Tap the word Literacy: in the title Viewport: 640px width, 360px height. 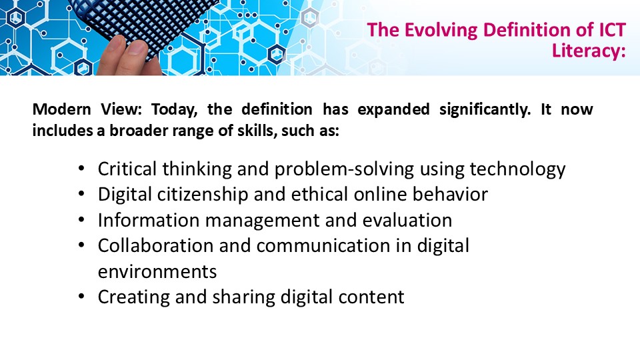[x=589, y=51]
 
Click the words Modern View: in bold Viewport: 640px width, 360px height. [x=87, y=109]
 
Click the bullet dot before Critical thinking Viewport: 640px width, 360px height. [x=81, y=168]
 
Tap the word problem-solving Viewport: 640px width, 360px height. [x=344, y=169]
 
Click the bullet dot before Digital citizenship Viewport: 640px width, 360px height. [x=81, y=194]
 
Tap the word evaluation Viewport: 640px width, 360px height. [x=407, y=220]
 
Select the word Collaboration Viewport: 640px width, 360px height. [x=155, y=246]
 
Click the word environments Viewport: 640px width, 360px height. [x=157, y=272]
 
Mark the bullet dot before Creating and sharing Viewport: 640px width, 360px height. [x=81, y=296]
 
